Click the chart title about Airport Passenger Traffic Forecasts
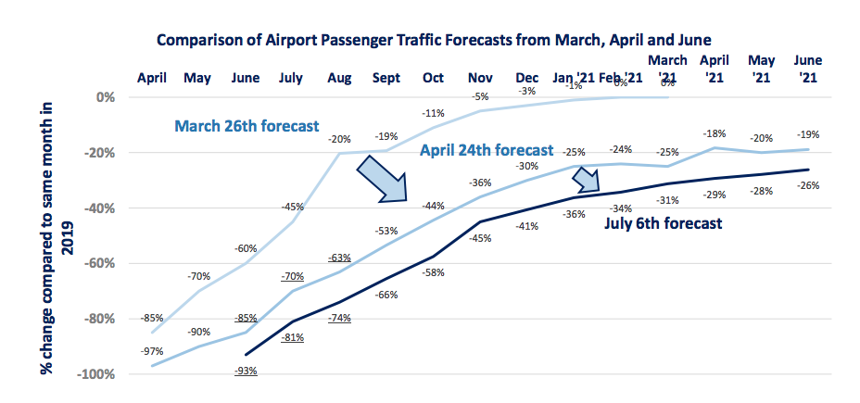pyautogui.click(x=433, y=40)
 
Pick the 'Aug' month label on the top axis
pyautogui.click(x=339, y=78)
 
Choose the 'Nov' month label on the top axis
pyautogui.click(x=479, y=78)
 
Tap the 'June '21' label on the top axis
pyautogui.click(x=808, y=69)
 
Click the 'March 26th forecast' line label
pyautogui.click(x=247, y=125)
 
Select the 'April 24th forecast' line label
pyautogui.click(x=487, y=149)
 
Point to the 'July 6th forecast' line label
pyautogui.click(x=663, y=223)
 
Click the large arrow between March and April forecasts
pyautogui.click(x=382, y=177)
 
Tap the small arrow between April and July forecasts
pyautogui.click(x=586, y=179)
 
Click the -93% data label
pyautogui.click(x=246, y=371)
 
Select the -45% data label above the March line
pyautogui.click(x=293, y=207)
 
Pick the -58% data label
pyautogui.click(x=433, y=271)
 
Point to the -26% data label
pyautogui.click(x=808, y=185)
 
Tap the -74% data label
pyautogui.click(x=339, y=319)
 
